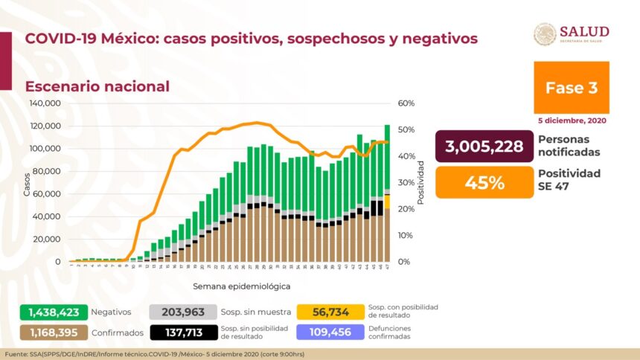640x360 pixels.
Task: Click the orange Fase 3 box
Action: click(571, 87)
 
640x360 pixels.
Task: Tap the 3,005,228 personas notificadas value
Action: click(484, 146)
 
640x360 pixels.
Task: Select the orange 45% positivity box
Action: click(484, 182)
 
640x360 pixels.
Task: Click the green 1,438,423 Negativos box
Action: click(54, 312)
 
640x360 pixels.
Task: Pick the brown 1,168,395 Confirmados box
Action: click(54, 332)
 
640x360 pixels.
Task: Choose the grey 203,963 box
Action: click(183, 312)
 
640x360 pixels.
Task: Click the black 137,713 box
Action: click(183, 332)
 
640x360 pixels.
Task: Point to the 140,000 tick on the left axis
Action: click(45, 103)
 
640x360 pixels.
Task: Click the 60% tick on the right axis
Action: click(406, 103)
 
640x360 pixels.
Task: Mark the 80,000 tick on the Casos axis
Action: click(48, 171)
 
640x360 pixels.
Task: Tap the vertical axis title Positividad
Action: click(421, 181)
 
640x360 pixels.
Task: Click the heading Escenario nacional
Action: click(97, 86)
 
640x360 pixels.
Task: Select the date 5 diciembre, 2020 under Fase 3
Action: click(572, 120)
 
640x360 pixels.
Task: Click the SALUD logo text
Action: click(584, 31)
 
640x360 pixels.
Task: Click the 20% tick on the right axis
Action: click(406, 209)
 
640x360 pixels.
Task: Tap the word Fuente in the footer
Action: click(16, 353)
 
